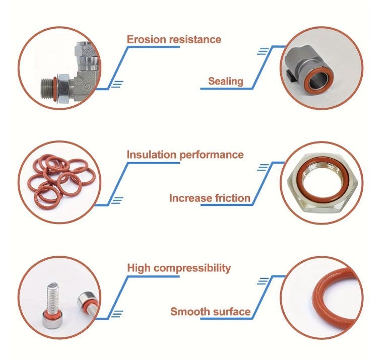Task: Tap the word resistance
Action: [x=192, y=39]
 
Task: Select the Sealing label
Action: [x=225, y=81]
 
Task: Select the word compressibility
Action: [x=192, y=268]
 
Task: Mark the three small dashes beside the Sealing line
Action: [x=263, y=51]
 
